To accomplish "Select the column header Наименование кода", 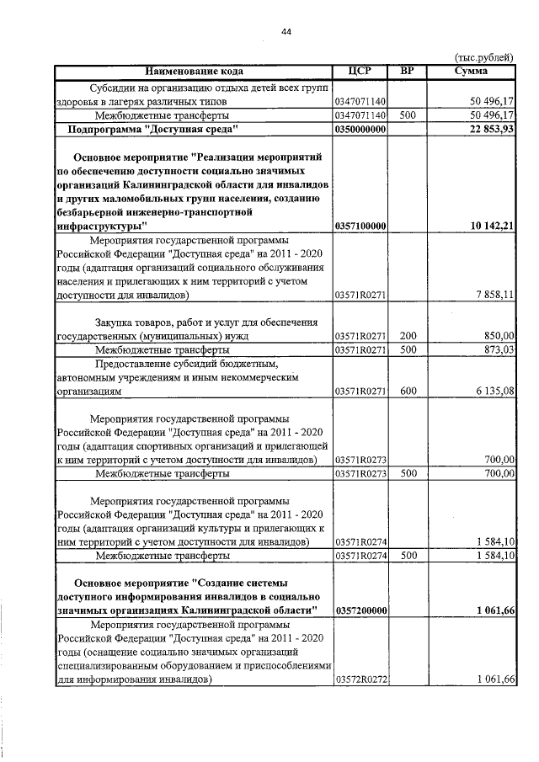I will click(x=194, y=71).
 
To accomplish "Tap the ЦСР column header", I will click(x=360, y=71).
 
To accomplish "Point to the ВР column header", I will click(x=408, y=71).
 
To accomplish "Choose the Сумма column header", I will click(x=471, y=71).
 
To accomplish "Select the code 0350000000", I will click(x=360, y=129).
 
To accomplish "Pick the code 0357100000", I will click(x=360, y=226).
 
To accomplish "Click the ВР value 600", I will click(x=408, y=391).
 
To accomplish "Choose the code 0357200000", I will click(x=360, y=610).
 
